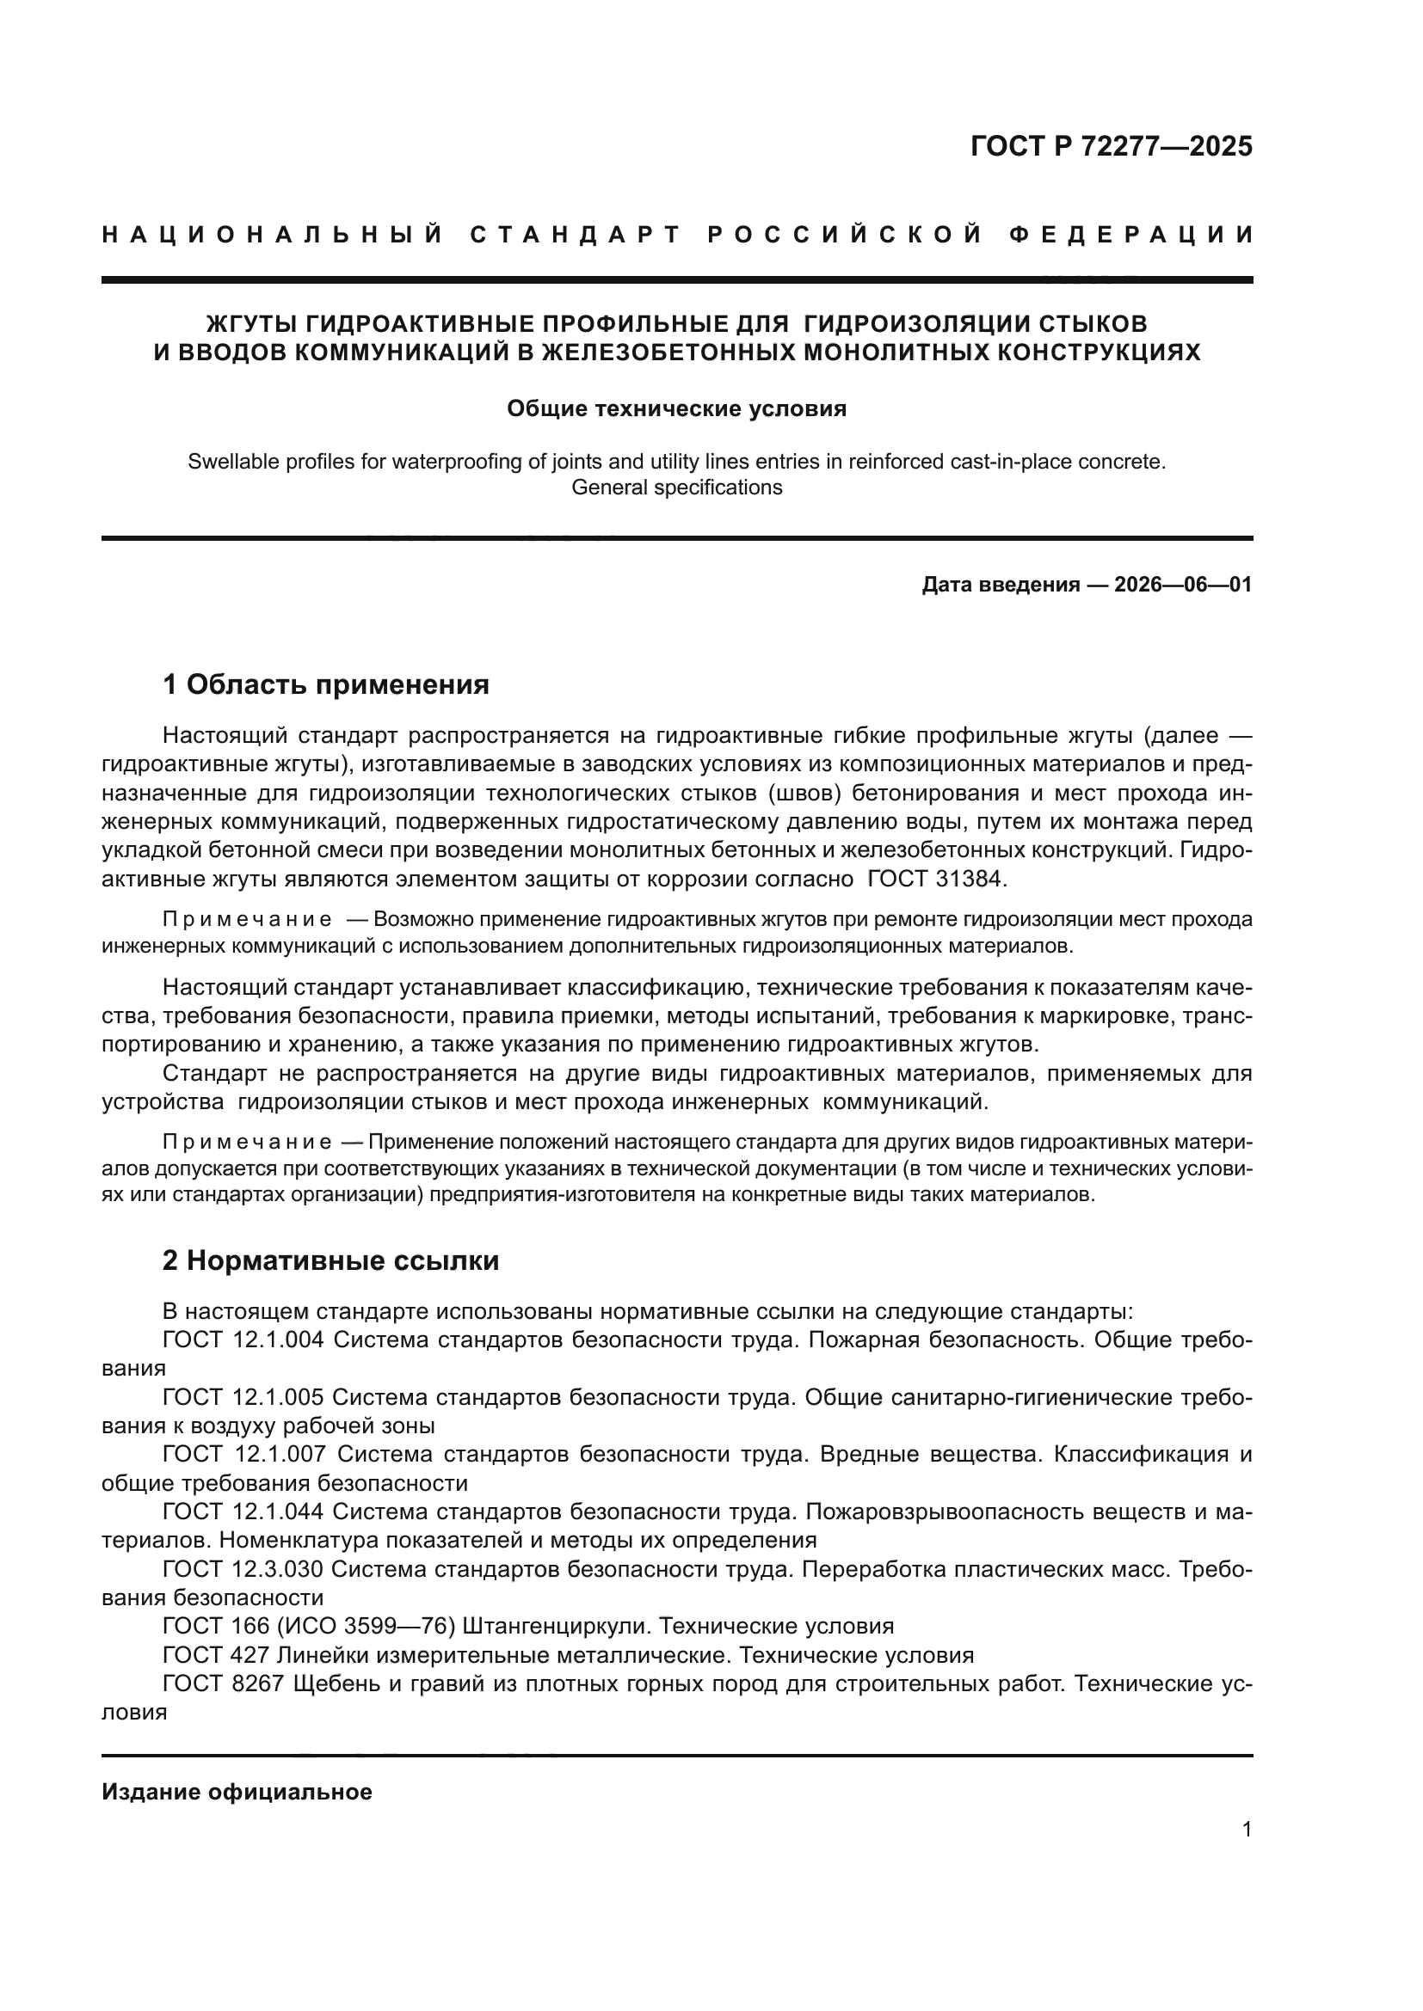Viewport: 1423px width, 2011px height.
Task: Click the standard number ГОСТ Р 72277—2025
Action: click(1111, 146)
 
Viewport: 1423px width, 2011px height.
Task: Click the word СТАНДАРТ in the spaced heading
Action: click(576, 235)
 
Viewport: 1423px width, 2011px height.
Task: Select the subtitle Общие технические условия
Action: click(676, 409)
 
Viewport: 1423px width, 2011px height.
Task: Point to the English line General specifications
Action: click(676, 487)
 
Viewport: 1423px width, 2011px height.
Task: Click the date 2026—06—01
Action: click(1183, 584)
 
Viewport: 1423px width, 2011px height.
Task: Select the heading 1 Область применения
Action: click(326, 684)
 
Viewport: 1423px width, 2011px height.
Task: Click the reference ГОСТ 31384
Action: click(936, 879)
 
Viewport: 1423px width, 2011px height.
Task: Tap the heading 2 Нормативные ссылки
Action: click(331, 1260)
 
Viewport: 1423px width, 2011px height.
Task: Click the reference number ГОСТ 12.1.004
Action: click(243, 1340)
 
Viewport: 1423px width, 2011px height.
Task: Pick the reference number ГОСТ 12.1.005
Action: click(243, 1397)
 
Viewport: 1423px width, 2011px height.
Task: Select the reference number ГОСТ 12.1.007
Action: click(243, 1454)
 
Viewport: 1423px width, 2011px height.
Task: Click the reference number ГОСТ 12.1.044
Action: click(243, 1511)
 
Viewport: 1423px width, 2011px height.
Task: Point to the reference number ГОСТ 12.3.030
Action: click(243, 1569)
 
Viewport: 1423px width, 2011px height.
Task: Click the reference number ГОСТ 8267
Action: click(224, 1683)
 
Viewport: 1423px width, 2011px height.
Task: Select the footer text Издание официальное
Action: click(237, 1792)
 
